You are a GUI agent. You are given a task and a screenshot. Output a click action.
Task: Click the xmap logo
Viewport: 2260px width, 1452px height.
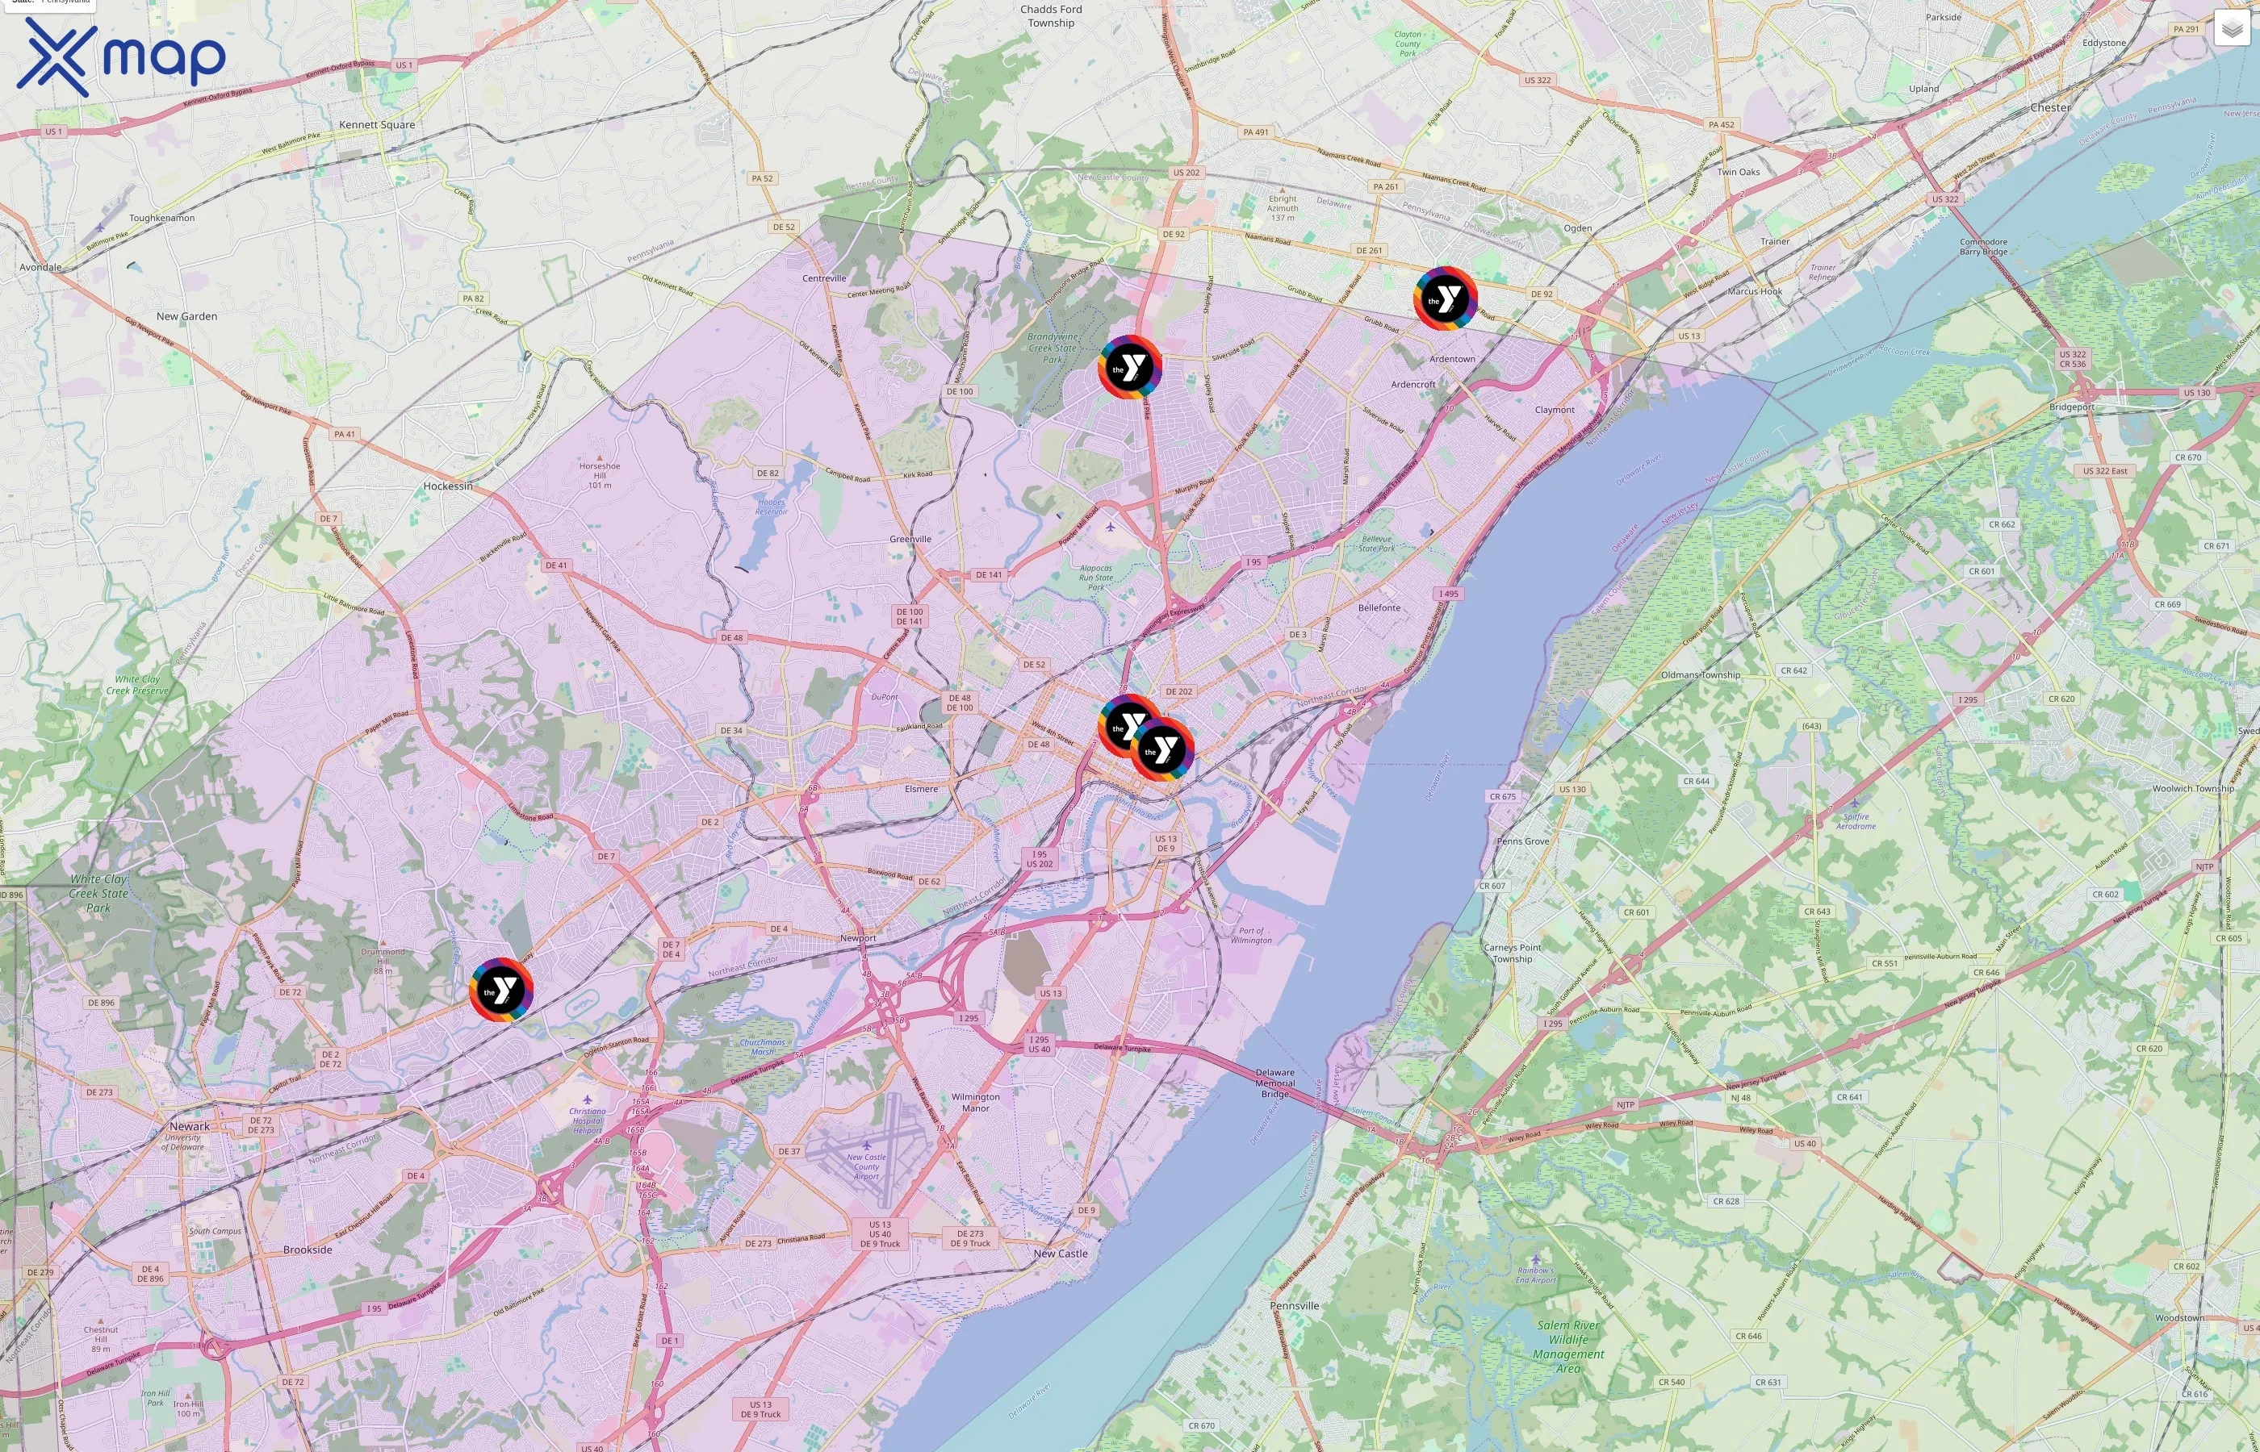coord(121,56)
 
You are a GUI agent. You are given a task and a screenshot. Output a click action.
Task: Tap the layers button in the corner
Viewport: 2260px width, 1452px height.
coord(2231,28)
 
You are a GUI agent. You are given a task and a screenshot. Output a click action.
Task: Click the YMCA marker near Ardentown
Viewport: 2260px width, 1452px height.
coord(1444,298)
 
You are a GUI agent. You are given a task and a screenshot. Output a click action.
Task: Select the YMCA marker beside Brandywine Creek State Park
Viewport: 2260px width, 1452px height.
coord(1129,367)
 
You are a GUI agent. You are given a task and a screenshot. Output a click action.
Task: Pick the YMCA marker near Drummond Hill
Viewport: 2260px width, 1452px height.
coord(501,989)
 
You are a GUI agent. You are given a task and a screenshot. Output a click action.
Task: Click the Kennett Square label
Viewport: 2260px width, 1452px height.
coord(376,124)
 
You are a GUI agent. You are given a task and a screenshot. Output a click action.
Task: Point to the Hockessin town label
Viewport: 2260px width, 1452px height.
coord(448,486)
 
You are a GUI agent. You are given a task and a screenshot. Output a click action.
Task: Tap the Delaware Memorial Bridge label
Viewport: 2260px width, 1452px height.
coord(1274,1083)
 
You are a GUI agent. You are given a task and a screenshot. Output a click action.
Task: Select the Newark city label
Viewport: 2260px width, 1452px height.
coord(190,1127)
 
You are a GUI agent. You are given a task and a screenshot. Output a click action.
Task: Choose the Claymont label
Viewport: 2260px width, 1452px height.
coord(1554,410)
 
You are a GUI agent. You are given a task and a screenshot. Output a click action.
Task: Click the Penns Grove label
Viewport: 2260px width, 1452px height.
coord(1522,841)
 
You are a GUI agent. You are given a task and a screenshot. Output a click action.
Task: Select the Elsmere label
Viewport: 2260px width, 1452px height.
coord(921,789)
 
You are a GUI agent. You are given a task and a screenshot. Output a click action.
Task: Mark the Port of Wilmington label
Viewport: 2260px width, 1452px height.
coord(1251,935)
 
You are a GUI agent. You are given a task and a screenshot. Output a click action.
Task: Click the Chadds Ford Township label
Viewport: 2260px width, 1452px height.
coord(1051,16)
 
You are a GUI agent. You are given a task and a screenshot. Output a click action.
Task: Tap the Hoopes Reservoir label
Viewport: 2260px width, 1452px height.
coord(771,507)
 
